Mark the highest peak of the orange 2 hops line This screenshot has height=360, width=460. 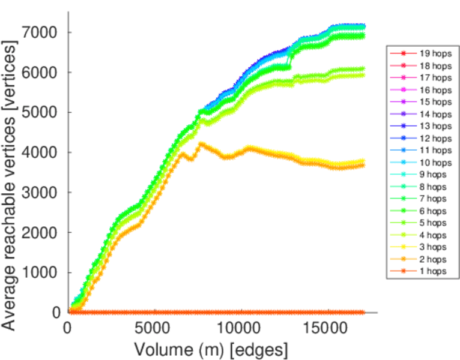click(201, 143)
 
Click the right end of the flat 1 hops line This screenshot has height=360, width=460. click(363, 313)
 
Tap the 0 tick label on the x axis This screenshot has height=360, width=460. click(68, 329)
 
